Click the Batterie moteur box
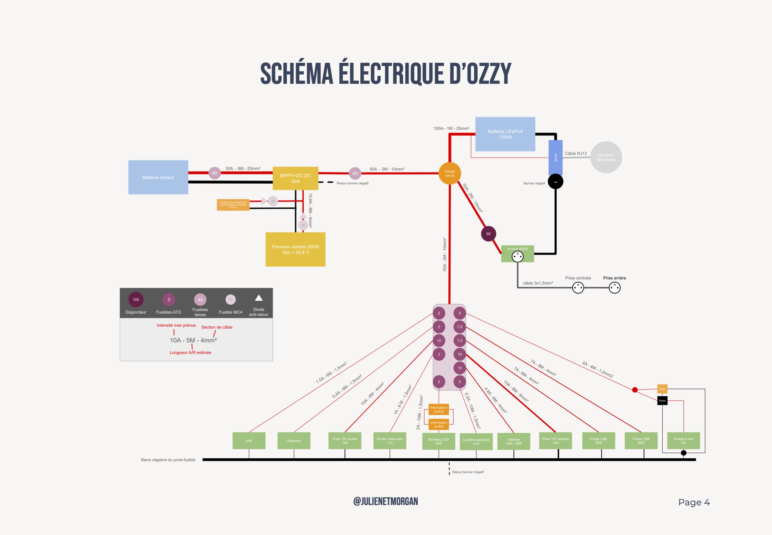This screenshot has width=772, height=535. (158, 177)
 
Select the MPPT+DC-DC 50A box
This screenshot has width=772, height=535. (295, 178)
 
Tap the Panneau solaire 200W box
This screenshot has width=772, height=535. (295, 249)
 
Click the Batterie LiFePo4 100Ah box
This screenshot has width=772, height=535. (505, 134)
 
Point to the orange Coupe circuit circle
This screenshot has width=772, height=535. (450, 173)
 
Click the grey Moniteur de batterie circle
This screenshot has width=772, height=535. (606, 157)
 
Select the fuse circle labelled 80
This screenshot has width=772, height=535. (215, 173)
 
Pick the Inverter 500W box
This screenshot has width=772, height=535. (518, 254)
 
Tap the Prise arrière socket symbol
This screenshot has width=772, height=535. (614, 287)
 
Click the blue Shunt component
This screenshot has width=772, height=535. (555, 157)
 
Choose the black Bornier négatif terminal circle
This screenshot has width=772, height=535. (555, 182)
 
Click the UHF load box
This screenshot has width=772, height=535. (249, 441)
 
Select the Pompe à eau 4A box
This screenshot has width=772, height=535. (683, 441)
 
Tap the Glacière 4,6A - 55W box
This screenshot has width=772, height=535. (514, 441)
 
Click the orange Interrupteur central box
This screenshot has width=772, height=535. (439, 409)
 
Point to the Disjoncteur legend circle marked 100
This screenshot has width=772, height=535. (136, 300)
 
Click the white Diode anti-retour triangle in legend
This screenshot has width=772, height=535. (259, 298)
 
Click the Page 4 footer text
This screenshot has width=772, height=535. (694, 503)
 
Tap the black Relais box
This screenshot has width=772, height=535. (662, 401)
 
